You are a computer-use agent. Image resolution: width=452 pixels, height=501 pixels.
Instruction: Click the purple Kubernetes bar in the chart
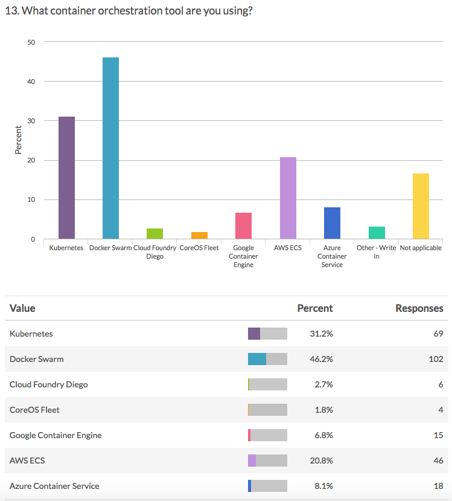click(66, 178)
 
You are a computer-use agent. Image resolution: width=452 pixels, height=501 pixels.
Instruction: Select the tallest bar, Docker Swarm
click(110, 148)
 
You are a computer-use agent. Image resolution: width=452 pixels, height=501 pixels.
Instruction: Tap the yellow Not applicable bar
click(421, 206)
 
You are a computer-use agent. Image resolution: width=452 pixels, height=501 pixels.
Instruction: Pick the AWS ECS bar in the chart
click(288, 198)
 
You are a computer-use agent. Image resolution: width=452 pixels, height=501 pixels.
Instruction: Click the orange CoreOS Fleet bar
click(199, 235)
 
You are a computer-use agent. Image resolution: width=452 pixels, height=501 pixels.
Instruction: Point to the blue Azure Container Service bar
click(332, 223)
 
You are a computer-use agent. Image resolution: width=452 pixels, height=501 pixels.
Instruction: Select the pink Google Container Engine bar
click(243, 225)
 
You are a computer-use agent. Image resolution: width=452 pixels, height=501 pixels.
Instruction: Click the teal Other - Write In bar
click(377, 233)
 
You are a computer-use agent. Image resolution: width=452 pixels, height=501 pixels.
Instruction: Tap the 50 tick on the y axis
click(31, 42)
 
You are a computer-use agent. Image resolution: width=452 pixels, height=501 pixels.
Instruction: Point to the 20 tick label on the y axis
click(31, 161)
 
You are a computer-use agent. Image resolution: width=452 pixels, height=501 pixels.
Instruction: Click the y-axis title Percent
click(18, 140)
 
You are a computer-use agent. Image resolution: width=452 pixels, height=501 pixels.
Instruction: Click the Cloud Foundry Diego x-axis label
click(155, 252)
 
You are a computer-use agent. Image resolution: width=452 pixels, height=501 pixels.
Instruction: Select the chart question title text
click(128, 11)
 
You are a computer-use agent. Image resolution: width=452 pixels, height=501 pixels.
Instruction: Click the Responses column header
click(419, 308)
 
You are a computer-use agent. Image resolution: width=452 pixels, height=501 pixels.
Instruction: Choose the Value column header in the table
click(22, 308)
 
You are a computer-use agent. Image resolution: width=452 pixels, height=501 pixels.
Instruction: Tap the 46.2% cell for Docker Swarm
click(320, 359)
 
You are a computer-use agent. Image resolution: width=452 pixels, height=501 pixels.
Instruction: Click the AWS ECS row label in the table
click(27, 461)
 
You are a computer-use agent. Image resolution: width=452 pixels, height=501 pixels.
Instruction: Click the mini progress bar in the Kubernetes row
click(267, 334)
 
